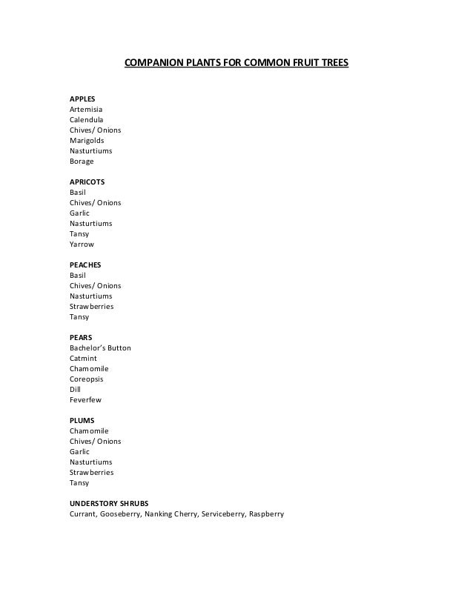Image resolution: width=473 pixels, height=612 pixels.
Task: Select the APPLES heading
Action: coord(82,99)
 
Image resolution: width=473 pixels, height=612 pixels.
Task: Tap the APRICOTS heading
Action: coord(87,182)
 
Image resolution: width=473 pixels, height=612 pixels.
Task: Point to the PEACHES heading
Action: coord(85,265)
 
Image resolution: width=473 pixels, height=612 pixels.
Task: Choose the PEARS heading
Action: coord(81,337)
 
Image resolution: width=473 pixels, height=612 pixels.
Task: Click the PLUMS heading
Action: coord(82,420)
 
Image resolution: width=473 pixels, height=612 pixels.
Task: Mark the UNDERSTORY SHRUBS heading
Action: coord(109,503)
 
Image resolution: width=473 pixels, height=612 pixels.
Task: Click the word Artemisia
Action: coord(87,109)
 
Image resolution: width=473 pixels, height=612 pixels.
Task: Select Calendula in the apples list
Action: coord(87,119)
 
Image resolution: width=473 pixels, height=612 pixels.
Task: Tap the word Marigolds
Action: coord(87,140)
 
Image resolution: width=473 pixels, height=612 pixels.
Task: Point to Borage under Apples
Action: coord(82,161)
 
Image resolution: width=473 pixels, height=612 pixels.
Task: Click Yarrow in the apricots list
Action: coord(82,244)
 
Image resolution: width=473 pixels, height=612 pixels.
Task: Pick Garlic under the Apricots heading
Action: coord(79,213)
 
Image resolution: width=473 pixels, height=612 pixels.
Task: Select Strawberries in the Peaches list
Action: coord(92,306)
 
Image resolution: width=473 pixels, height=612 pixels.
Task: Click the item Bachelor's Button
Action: coord(100,347)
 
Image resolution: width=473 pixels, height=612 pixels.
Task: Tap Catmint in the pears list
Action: coord(84,358)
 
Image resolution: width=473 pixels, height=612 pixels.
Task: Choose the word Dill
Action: coord(75,389)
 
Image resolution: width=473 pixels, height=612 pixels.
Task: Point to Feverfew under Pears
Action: coord(86,399)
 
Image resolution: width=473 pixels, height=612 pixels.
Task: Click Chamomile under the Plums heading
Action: coord(89,430)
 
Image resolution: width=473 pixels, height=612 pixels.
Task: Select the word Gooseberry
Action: coord(119,513)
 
